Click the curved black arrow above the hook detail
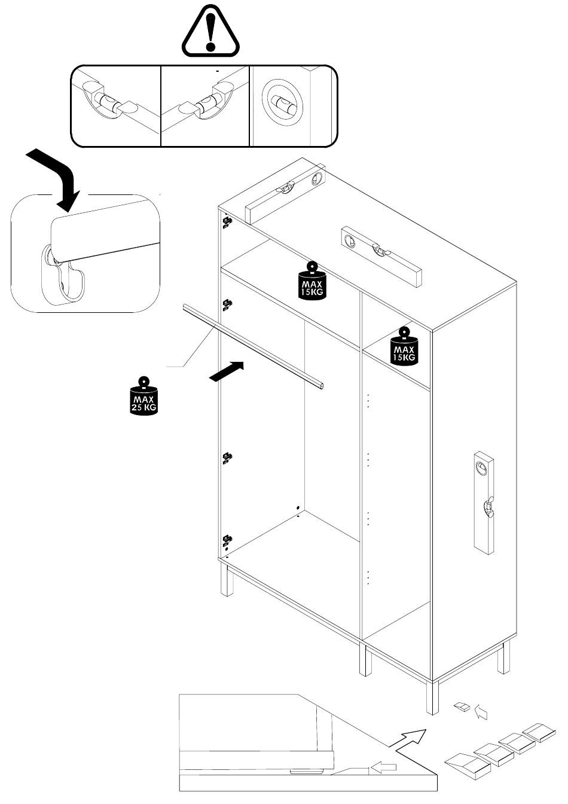point(57,177)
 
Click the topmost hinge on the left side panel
point(227,223)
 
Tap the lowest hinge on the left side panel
point(227,541)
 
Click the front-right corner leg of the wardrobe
point(432,697)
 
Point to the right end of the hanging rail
point(321,386)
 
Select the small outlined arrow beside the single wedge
point(481,712)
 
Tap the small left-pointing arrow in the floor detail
point(383,766)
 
